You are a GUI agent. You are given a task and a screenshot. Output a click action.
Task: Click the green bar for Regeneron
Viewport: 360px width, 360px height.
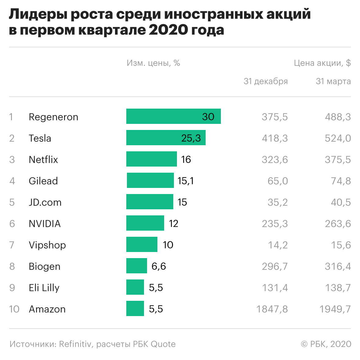click(x=173, y=116)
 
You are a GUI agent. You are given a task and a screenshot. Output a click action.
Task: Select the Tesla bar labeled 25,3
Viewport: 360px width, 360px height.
click(x=166, y=138)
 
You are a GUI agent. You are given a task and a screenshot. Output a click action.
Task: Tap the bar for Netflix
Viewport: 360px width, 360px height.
click(x=151, y=159)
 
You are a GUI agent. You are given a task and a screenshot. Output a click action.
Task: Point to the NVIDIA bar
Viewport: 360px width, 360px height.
click(x=145, y=223)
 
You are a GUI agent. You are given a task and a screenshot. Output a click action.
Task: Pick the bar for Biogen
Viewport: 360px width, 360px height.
click(x=136, y=266)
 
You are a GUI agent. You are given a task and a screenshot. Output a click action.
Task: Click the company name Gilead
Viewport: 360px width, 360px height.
click(x=43, y=181)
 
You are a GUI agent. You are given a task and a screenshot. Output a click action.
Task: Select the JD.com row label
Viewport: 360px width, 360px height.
click(x=45, y=202)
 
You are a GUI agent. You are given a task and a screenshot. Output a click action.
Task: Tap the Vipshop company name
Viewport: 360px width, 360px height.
click(x=47, y=245)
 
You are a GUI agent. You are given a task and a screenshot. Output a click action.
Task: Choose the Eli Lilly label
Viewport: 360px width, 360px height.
click(x=44, y=288)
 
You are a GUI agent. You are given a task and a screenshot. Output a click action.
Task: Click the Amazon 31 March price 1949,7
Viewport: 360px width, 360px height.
click(x=335, y=309)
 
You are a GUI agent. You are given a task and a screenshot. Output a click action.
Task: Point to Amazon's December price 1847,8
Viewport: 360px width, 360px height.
click(x=272, y=309)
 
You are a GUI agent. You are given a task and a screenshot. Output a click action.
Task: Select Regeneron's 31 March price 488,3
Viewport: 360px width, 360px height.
click(x=337, y=117)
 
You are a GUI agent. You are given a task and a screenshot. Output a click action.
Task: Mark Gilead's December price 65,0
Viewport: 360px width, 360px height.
click(x=277, y=181)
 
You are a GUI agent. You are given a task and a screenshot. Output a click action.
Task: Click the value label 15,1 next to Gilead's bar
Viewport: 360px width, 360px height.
click(x=185, y=181)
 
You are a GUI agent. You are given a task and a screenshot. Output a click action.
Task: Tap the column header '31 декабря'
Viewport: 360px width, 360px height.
click(x=265, y=81)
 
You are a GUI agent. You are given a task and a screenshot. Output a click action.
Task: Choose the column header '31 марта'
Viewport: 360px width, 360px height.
click(x=333, y=81)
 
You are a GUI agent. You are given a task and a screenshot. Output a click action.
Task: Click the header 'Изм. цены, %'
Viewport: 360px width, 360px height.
click(x=153, y=63)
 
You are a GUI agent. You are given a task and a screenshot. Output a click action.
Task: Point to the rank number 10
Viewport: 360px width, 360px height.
click(x=14, y=309)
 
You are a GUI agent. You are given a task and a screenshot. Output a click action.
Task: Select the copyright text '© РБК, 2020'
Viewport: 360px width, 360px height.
click(x=326, y=344)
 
